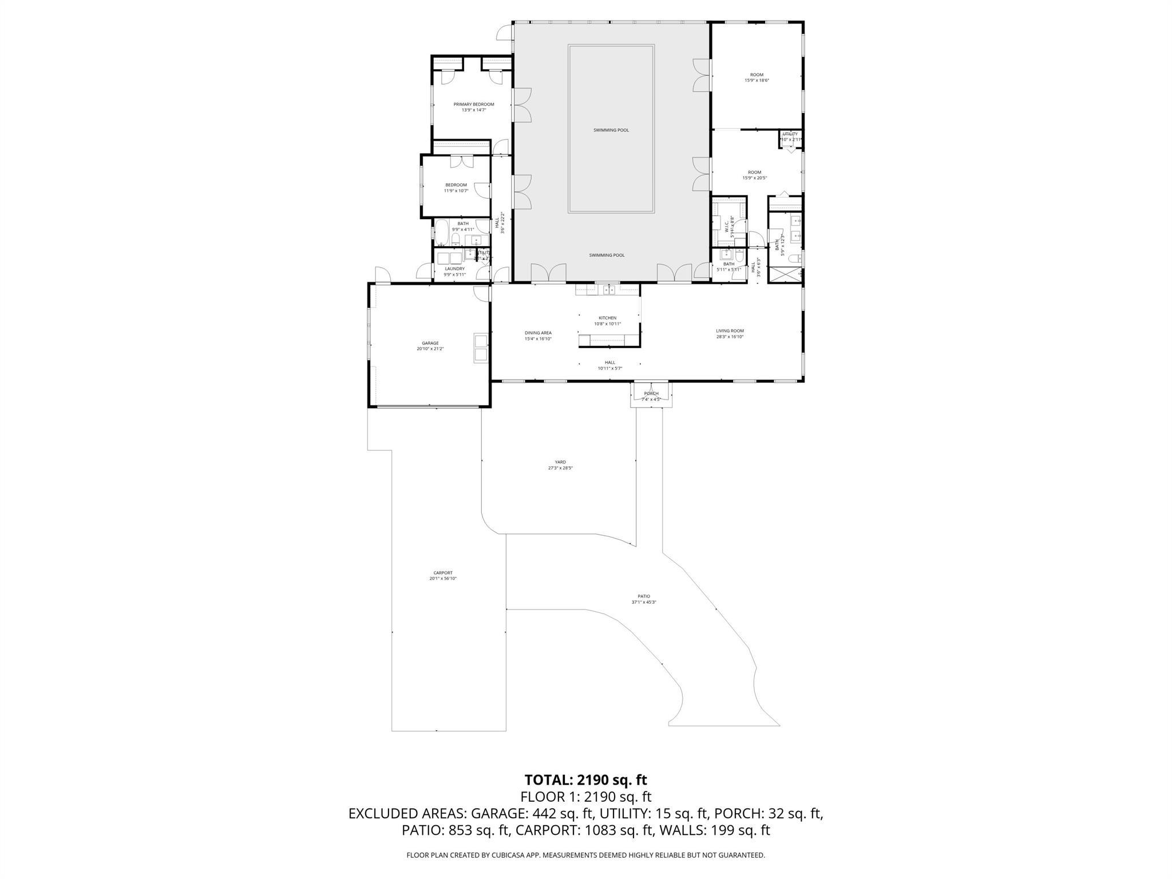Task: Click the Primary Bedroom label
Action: [x=473, y=104]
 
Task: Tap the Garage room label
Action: [x=430, y=343]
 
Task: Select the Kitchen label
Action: [x=607, y=318]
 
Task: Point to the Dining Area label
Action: [x=538, y=333]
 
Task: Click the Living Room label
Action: [x=730, y=331]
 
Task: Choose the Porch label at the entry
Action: [x=651, y=393]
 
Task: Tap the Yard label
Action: [x=560, y=462]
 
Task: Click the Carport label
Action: [x=443, y=573]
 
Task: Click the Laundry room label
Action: [x=455, y=268]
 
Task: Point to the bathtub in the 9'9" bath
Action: [x=442, y=233]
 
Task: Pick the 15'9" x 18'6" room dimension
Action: [x=757, y=81]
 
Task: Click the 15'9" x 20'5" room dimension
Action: [x=754, y=178]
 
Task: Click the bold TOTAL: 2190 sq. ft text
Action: [x=585, y=780]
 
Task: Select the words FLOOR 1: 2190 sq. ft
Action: [x=585, y=797]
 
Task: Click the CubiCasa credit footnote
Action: [x=585, y=855]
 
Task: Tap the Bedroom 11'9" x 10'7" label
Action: [x=456, y=188]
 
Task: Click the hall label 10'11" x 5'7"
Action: [x=610, y=365]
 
